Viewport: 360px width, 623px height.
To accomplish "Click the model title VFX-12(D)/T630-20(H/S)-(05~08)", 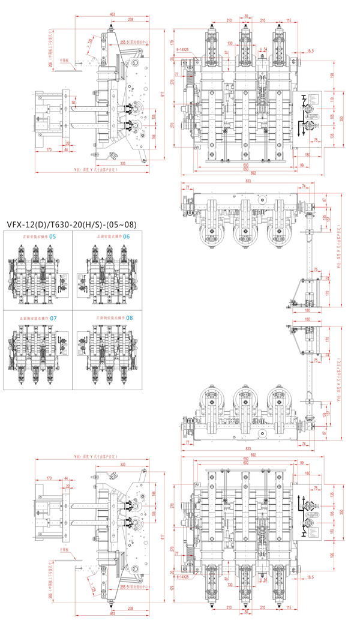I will [x=71, y=225].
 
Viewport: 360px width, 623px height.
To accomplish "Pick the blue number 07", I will [x=53, y=318].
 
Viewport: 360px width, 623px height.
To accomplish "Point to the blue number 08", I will [x=130, y=317].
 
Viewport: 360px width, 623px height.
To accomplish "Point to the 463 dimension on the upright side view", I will [x=113, y=13].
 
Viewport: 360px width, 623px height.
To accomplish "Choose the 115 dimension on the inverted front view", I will [x=289, y=609].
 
